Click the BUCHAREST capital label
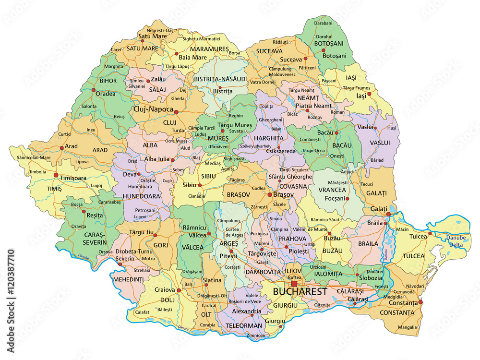(300, 291)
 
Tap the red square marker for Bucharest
(294, 284)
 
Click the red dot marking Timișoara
(56, 175)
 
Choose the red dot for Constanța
(420, 302)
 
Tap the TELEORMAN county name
(245, 325)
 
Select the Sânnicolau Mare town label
(33, 157)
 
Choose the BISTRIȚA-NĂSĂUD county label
(219, 78)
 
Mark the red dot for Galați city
(388, 214)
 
